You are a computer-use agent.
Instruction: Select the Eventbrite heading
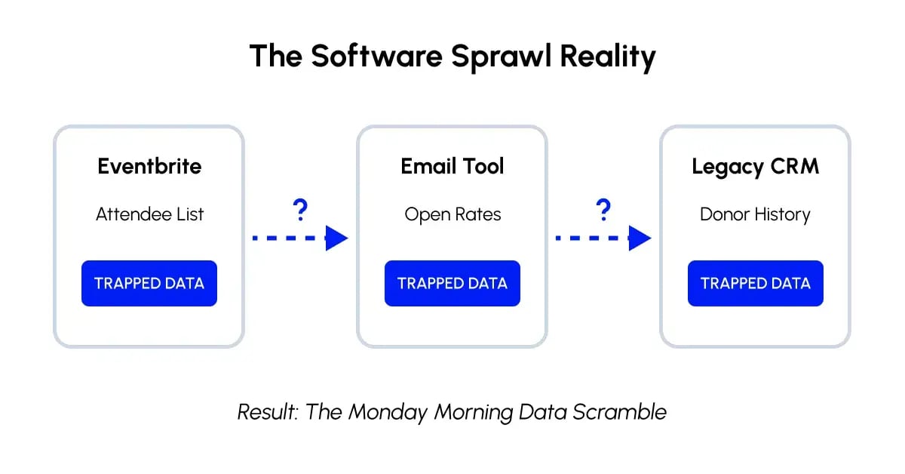point(149,166)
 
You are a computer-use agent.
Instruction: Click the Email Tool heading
point(452,166)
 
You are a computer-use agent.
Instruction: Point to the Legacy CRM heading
point(755,167)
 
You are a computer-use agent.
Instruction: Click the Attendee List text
point(149,214)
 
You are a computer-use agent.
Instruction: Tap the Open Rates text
point(452,214)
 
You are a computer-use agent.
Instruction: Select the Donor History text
point(755,214)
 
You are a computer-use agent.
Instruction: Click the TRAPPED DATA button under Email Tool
point(452,284)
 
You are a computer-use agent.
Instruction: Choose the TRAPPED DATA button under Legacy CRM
point(755,284)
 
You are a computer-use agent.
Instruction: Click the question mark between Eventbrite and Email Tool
point(300,211)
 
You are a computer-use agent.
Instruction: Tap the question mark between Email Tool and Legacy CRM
point(603,211)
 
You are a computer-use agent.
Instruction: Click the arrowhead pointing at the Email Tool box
point(337,239)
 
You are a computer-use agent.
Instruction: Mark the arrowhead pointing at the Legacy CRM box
point(640,239)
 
